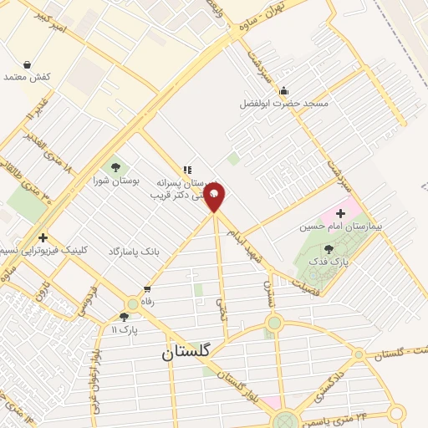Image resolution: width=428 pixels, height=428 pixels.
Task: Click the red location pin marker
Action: (x=215, y=197)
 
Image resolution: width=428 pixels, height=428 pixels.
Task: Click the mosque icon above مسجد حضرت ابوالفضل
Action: (x=284, y=90)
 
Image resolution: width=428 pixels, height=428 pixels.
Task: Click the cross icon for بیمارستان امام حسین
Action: (x=340, y=214)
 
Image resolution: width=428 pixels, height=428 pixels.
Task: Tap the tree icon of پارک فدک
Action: (x=328, y=248)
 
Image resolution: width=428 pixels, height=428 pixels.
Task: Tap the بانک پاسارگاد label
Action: (x=134, y=251)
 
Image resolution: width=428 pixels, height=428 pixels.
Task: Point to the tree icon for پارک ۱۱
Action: (x=125, y=317)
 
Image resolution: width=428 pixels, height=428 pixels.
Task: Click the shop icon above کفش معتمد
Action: (x=28, y=64)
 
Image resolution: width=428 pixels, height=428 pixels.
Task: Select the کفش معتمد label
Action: (x=28, y=77)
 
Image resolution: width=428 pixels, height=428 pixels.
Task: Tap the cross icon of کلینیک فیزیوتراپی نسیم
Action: (x=43, y=238)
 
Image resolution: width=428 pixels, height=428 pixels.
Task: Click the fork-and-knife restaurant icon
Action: (x=187, y=169)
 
